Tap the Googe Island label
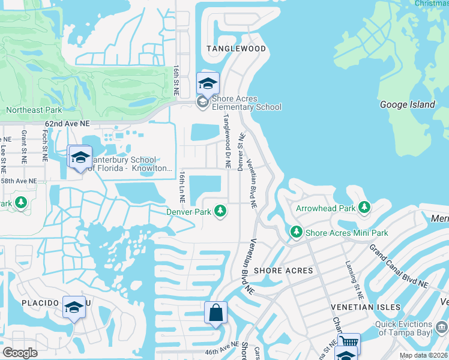408,104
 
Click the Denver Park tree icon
221,211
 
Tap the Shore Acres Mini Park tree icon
295,232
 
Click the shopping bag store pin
215,313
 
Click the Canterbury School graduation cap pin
80,158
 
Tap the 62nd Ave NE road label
67,122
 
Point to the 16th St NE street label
176,81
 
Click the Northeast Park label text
34,110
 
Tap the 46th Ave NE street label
218,349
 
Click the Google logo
20,352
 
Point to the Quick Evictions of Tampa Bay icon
442,327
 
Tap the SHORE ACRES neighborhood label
283,271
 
